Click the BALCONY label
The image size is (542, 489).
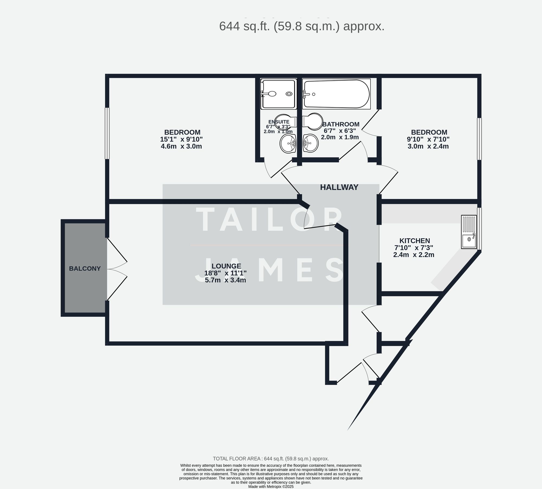[85, 269]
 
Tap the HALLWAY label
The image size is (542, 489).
[339, 187]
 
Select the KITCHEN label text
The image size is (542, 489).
[414, 241]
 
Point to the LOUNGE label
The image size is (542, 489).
[226, 266]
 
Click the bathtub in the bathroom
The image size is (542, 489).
[336, 94]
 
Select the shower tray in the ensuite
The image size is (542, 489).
[278, 94]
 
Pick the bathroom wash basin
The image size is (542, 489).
[311, 143]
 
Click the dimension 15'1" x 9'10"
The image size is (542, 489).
[181, 139]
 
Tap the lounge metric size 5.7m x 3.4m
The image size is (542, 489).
[225, 280]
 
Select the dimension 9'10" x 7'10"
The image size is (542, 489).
[428, 139]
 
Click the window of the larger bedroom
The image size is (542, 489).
[107, 133]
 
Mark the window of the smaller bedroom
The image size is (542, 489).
[479, 139]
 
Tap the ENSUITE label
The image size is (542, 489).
[279, 122]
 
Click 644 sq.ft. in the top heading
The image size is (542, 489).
[244, 27]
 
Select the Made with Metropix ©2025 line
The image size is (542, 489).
[271, 487]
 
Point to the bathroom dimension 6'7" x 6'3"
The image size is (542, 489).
[340, 130]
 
